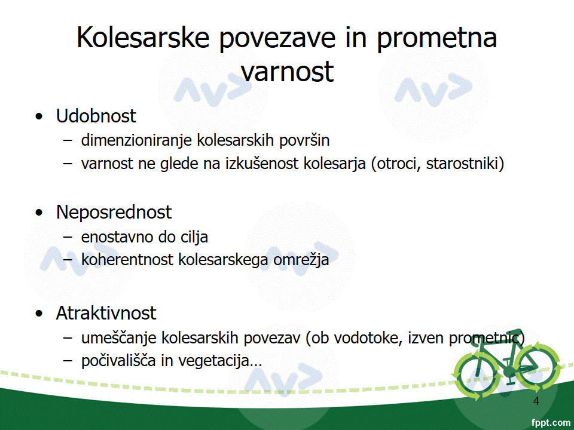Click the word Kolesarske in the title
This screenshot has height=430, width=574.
(143, 37)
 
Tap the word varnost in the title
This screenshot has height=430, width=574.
(288, 71)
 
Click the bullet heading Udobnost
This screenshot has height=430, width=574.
(96, 116)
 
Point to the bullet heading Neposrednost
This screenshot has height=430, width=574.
(114, 213)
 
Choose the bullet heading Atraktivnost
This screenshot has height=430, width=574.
(106, 313)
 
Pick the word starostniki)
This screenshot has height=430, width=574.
(465, 164)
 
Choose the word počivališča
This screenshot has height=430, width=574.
(118, 361)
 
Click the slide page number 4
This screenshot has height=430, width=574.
(536, 401)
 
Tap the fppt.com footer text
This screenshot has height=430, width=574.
(551, 423)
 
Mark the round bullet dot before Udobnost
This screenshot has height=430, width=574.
(39, 116)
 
